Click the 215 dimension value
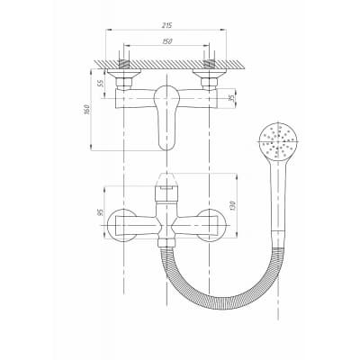[166, 25]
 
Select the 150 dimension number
[166, 41]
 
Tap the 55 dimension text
[101, 83]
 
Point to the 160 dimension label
[86, 109]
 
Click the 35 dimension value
[231, 98]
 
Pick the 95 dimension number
[101, 212]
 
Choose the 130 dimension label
[233, 205]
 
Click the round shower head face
[278, 141]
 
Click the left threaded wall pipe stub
[124, 64]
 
